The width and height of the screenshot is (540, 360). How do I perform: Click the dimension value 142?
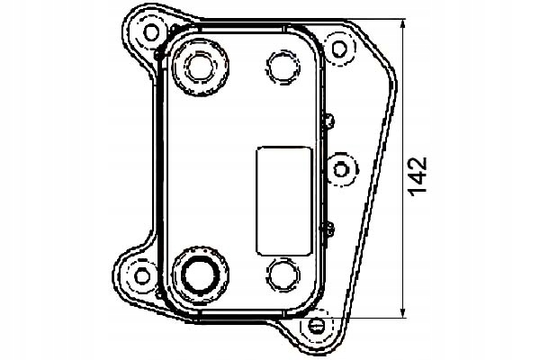point(418,176)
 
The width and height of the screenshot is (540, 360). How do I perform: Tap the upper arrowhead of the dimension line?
point(403,24)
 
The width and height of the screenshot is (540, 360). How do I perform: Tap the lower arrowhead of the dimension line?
point(403,312)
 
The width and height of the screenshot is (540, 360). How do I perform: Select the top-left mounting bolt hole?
point(151,32)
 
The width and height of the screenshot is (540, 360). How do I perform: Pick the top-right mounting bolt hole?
point(339,48)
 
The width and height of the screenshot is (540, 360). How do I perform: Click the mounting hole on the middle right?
point(340,169)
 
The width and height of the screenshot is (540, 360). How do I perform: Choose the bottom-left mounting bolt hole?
point(142,276)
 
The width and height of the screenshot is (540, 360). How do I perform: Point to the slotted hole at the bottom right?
point(316,325)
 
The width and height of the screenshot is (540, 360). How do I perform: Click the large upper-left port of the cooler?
point(201,67)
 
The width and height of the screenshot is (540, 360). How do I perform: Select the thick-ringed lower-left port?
point(201,274)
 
